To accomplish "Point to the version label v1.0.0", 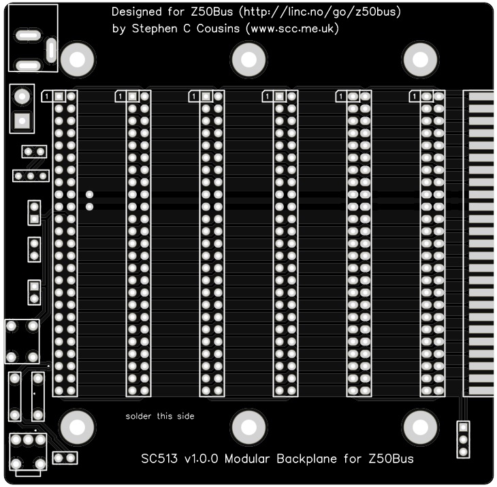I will pyautogui.click(x=202, y=458).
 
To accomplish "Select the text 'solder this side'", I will pyautogui.click(x=160, y=416).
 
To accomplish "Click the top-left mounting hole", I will pyautogui.click(x=76, y=61).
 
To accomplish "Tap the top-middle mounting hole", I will pyautogui.click(x=247, y=61).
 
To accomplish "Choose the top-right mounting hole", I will pyautogui.click(x=418, y=61).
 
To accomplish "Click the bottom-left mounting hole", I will pyautogui.click(x=76, y=427).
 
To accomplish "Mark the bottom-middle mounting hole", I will pyautogui.click(x=247, y=427).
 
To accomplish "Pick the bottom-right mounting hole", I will pyautogui.click(x=418, y=427).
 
